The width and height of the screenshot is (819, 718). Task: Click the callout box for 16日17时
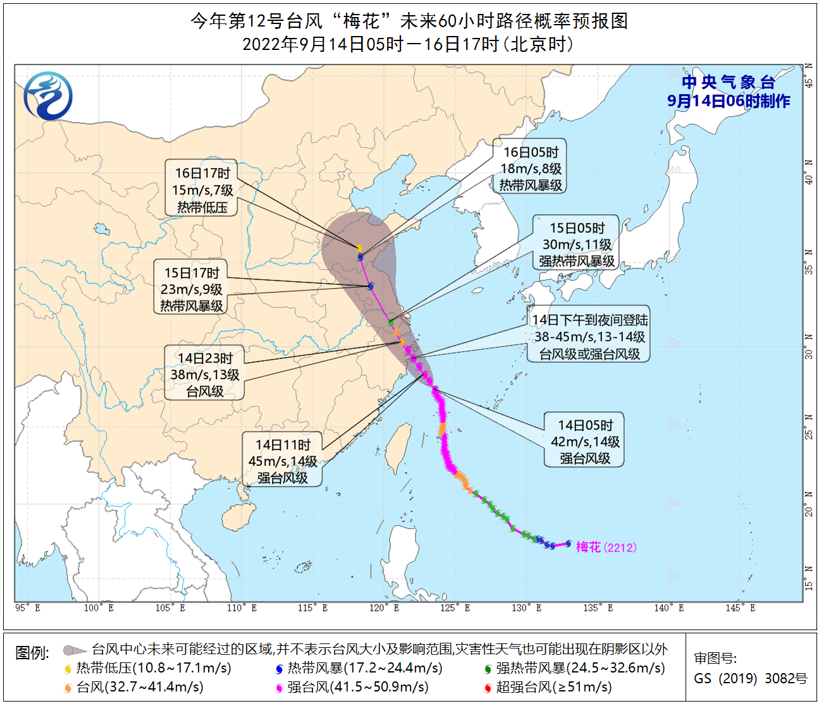pos(202,189)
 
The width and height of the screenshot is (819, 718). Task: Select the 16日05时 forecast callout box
pos(530,168)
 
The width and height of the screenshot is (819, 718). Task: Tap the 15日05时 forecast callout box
pos(576,244)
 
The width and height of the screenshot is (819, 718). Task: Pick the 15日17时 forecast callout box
pos(192,289)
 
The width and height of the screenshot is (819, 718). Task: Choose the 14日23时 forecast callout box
pos(204,374)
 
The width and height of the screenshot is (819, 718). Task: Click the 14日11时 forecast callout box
pos(282,461)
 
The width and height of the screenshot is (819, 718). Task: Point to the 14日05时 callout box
pos(584,441)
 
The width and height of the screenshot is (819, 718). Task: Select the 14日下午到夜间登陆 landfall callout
pos(589,337)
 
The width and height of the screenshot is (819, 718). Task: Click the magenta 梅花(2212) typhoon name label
pos(606,547)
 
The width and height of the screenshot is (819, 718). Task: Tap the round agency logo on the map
pos(48,96)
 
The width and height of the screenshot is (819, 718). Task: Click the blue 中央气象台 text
pos(728,82)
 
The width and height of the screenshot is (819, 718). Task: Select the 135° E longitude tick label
pos(598,608)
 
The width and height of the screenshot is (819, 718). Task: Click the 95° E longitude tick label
pos(27,608)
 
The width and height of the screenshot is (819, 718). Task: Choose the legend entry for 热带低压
pos(148,668)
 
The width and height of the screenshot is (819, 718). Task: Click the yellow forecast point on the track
pos(359,248)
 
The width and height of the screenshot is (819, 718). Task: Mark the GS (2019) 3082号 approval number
pos(751,678)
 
